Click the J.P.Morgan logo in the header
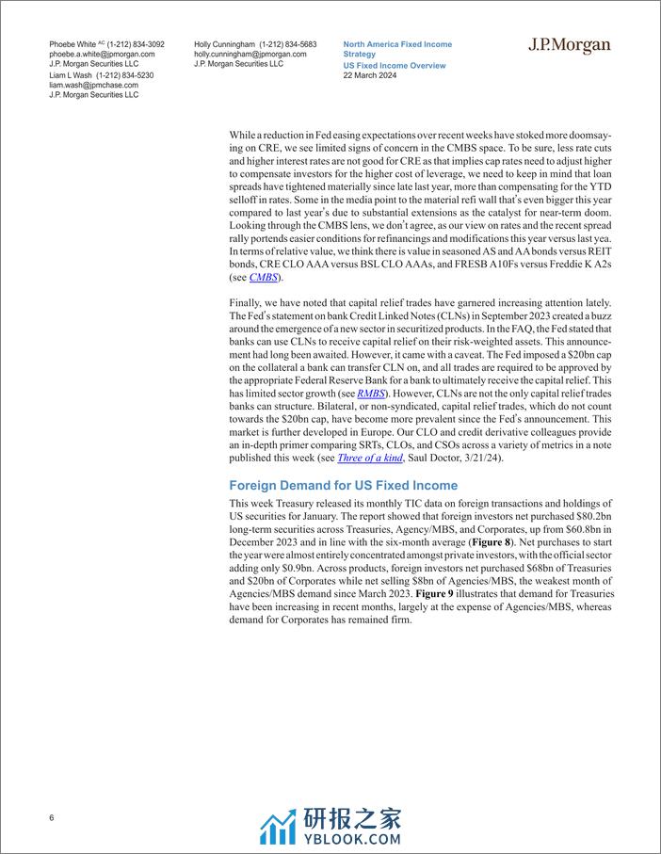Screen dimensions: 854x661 [568, 46]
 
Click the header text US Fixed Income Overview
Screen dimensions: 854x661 [395, 66]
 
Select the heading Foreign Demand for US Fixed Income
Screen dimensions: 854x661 [344, 486]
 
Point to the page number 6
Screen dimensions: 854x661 [52, 817]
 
